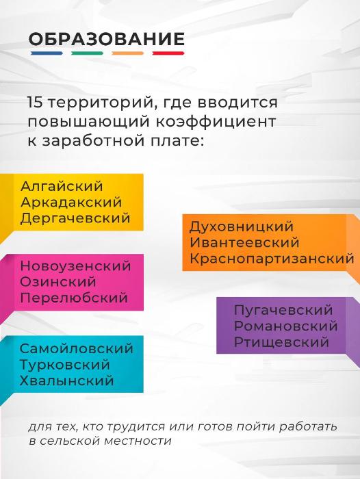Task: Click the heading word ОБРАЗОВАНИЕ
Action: (106, 39)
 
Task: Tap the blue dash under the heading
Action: (47, 53)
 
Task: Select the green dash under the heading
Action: (87, 53)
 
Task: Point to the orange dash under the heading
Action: (128, 53)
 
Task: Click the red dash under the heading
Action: (168, 53)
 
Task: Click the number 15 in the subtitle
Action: (34, 103)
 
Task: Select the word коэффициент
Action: (216, 121)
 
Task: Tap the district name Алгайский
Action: (62, 186)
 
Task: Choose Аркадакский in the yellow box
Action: (71, 203)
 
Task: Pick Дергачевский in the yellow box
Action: (75, 218)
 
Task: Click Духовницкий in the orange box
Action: (242, 226)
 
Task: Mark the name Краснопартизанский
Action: (272, 259)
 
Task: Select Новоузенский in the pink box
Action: (75, 266)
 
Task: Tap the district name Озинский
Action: (58, 282)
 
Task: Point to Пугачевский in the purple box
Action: (283, 310)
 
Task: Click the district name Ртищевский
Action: (281, 342)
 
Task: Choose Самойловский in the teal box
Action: (77, 348)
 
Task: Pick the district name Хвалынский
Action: (66, 380)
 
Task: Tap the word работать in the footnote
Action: (308, 426)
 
